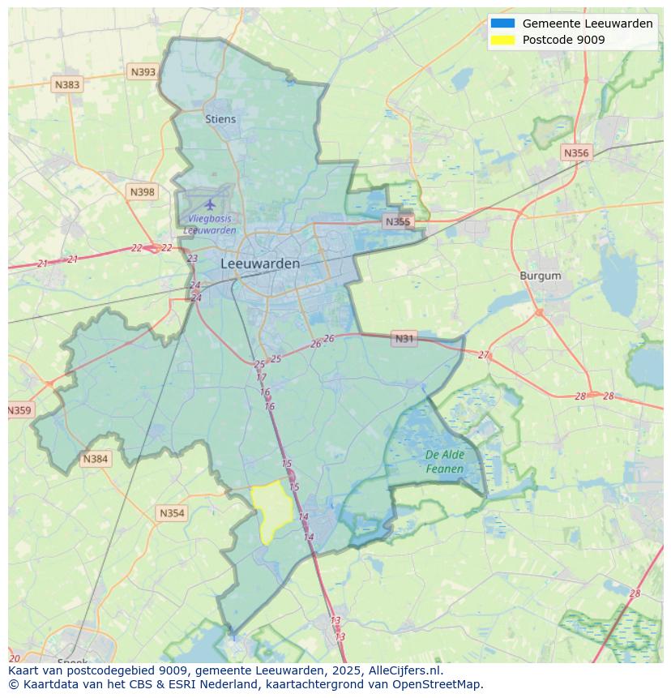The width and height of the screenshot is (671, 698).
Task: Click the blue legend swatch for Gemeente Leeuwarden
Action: point(502,24)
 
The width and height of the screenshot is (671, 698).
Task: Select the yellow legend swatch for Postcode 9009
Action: point(502,40)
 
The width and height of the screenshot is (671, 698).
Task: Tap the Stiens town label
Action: point(220,119)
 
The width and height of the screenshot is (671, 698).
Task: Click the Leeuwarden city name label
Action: point(260,263)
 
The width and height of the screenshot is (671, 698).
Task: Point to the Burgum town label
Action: point(540,276)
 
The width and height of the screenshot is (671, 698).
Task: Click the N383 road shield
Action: point(67,84)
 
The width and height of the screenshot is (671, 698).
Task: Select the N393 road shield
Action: point(143,72)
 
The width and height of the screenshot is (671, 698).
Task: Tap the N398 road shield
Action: point(142,192)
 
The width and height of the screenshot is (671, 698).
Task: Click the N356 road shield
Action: point(576,152)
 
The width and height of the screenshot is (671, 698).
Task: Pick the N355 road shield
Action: point(398,221)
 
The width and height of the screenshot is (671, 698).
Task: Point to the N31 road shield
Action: point(404,338)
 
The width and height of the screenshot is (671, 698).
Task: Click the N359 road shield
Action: point(19,410)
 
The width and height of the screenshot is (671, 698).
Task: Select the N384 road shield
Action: point(95,459)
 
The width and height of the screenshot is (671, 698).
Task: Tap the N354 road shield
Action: point(172,513)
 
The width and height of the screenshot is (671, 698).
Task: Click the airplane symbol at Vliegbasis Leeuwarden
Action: point(211,203)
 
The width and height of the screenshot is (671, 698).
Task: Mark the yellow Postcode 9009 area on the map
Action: point(272,509)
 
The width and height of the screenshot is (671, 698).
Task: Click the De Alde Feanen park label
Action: point(444,462)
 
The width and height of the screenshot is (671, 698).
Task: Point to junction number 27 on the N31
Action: point(484,355)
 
